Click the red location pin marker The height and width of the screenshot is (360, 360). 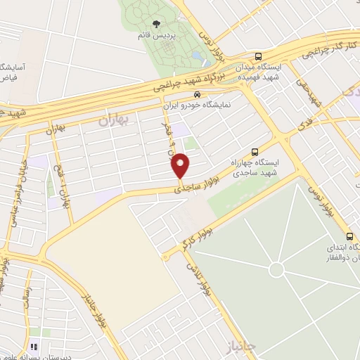click(x=181, y=165)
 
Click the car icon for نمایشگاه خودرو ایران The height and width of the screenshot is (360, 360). click(x=198, y=94)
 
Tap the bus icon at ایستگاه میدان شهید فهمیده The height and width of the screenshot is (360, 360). click(x=259, y=57)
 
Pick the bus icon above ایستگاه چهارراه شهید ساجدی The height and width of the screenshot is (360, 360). click(x=255, y=151)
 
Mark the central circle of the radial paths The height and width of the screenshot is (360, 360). click(x=276, y=269)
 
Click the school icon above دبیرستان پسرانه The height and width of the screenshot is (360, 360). click(x=34, y=346)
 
